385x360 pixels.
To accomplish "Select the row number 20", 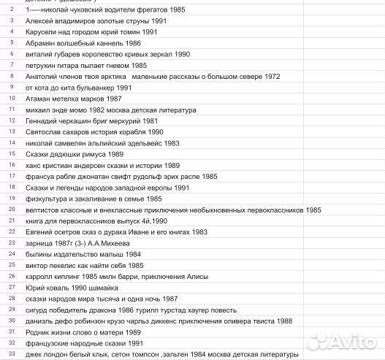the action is [x=12, y=210].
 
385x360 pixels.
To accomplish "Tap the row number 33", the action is [x=12, y=353].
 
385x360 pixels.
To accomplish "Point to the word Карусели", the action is [x=42, y=33].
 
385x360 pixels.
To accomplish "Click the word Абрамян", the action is [x=42, y=44].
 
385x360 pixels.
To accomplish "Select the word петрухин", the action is [x=42, y=65].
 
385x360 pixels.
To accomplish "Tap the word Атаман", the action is [x=39, y=97].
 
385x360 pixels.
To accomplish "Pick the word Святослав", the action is [x=46, y=131].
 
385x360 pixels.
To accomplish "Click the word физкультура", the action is [x=52, y=199].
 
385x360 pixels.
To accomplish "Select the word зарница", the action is [x=41, y=243].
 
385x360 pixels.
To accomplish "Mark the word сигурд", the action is [x=39, y=310].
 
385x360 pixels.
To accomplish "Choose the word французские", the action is [x=51, y=342].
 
